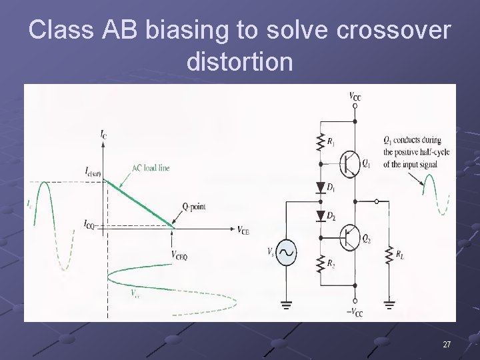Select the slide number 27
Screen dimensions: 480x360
click(447, 344)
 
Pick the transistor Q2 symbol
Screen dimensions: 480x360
click(350, 237)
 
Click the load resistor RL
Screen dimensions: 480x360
click(388, 254)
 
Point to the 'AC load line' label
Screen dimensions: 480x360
click(151, 167)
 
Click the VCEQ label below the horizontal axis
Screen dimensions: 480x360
click(179, 256)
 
